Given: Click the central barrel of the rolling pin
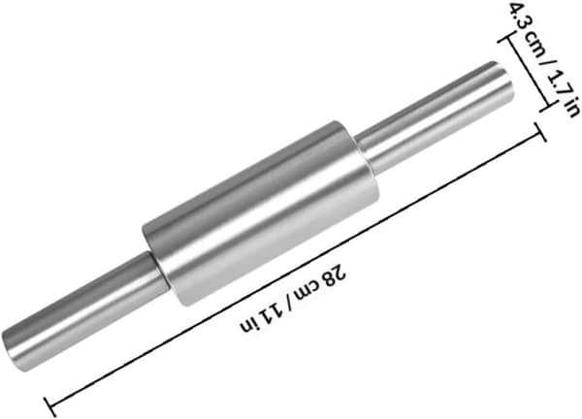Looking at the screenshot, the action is [x=261, y=212].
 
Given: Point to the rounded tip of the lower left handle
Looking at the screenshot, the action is [x=11, y=351].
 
